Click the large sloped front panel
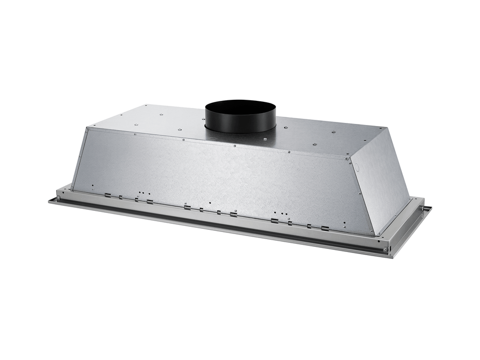pyautogui.click(x=221, y=175)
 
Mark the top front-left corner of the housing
pyautogui.click(x=87, y=127)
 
